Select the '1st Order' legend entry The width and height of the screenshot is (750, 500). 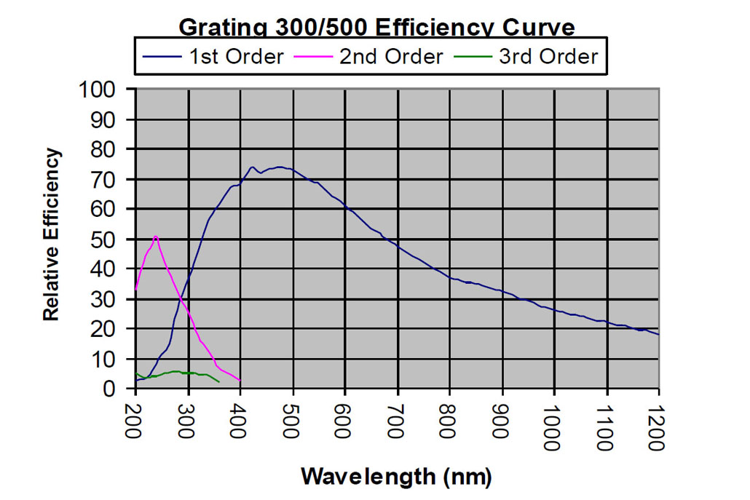point(236,57)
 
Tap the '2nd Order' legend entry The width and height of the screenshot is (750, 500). point(391,57)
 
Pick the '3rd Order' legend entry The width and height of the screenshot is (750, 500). point(548,57)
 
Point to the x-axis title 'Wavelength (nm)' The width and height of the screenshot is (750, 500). point(397,477)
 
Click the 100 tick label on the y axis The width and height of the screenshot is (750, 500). point(108,90)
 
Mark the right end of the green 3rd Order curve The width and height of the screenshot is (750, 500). point(219,382)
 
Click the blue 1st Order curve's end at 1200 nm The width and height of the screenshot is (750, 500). point(659,334)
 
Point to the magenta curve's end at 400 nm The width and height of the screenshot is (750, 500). point(240,381)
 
